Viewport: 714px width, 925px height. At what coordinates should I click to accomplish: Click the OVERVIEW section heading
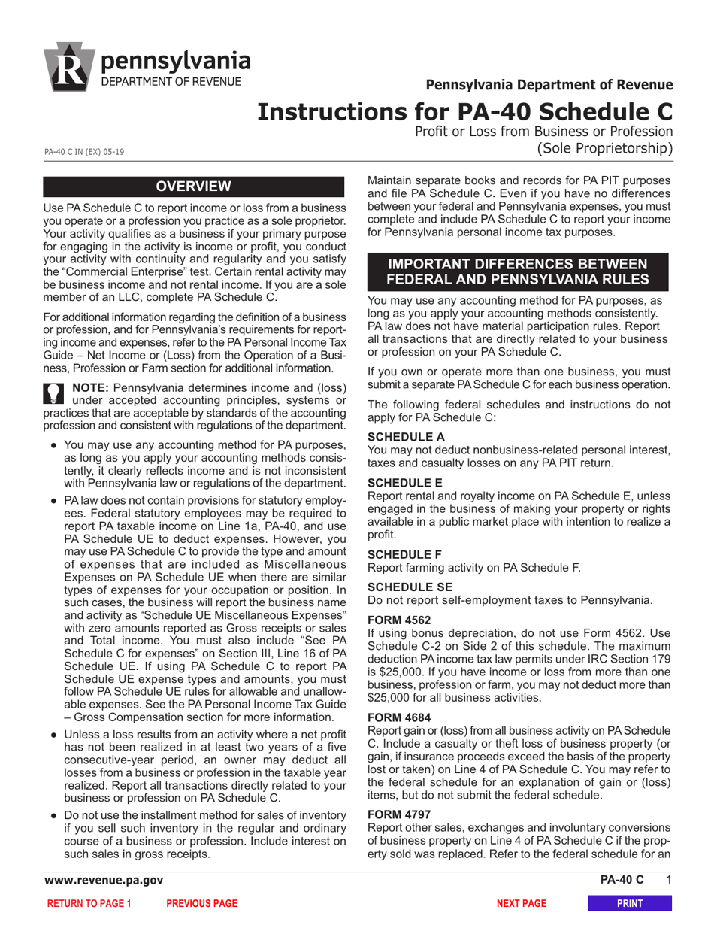[x=193, y=187]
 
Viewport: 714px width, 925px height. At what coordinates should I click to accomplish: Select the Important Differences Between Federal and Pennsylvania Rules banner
[x=516, y=271]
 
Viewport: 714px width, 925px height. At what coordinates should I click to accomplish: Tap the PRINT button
[x=629, y=904]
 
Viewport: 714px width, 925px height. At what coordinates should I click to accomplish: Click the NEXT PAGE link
[x=522, y=904]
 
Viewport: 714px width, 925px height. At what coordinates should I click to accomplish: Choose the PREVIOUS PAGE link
[x=201, y=904]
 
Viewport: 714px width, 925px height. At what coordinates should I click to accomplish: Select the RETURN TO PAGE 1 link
[x=89, y=904]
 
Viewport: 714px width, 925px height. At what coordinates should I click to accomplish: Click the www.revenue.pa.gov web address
[x=103, y=880]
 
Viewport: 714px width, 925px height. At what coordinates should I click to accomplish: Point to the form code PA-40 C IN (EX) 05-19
[x=84, y=152]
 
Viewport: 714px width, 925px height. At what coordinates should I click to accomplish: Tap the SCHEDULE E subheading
[x=405, y=483]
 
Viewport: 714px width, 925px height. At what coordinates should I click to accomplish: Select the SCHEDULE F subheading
[x=405, y=554]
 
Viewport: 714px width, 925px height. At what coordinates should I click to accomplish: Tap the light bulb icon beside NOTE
[x=54, y=393]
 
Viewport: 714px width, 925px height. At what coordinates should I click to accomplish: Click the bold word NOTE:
[x=91, y=388]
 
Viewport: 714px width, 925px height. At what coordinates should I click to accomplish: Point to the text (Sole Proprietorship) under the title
[x=604, y=148]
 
